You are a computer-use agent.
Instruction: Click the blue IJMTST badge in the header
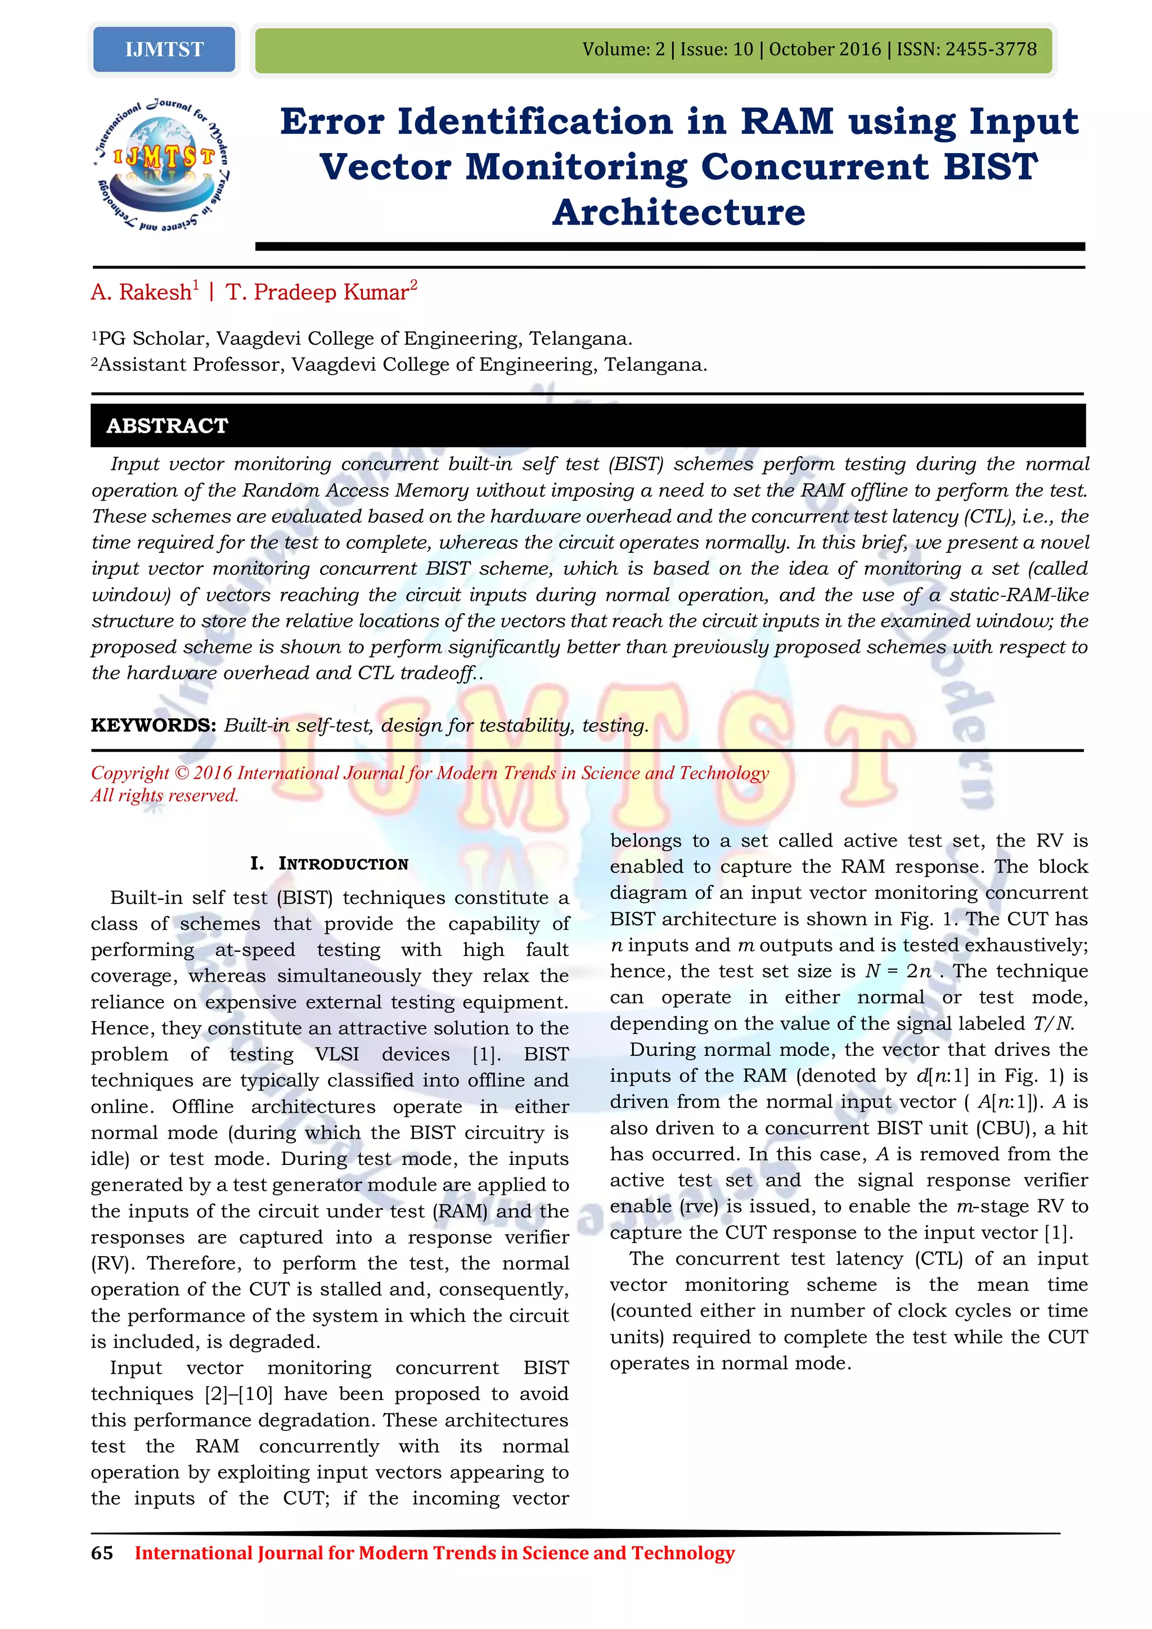(x=164, y=49)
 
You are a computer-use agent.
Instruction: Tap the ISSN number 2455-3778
(x=991, y=49)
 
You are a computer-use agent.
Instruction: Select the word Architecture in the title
(x=679, y=212)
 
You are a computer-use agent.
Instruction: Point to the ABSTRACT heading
(x=168, y=426)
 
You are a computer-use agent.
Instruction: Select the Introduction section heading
(x=329, y=863)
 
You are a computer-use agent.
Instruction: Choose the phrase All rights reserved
(x=165, y=795)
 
